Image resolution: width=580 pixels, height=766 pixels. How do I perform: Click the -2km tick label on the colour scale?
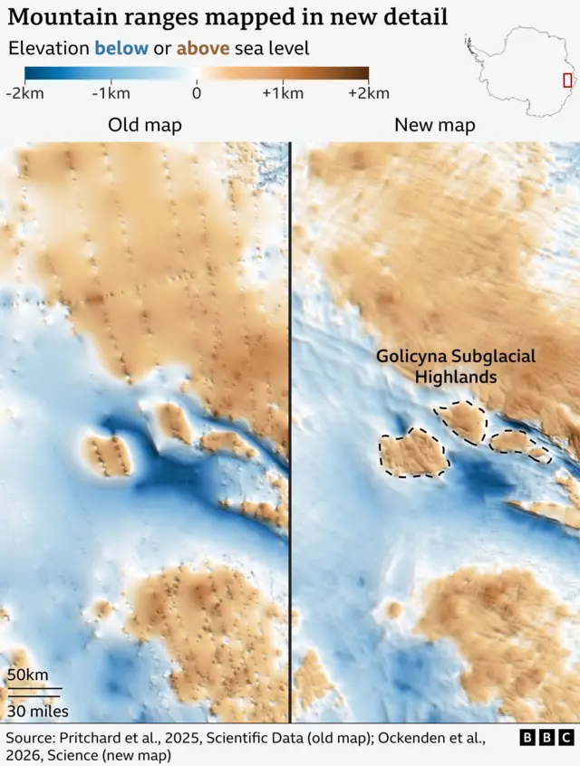25,93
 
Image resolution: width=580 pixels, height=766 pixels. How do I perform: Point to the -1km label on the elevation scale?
111,93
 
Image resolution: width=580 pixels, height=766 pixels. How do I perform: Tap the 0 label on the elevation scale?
197,93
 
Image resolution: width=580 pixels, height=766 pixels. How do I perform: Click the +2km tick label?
367,93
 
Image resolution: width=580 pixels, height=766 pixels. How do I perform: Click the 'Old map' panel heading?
145,125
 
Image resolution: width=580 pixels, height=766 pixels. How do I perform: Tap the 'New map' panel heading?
435,125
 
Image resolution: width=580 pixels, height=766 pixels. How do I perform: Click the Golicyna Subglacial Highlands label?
455,367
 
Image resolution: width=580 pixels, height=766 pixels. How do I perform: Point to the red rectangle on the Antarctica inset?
567,80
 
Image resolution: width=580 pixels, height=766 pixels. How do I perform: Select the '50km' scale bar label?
29,675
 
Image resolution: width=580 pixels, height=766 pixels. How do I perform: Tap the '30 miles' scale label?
38,712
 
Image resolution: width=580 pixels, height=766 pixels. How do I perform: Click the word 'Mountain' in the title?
56,17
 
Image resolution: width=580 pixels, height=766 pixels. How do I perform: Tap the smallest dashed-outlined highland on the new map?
539,454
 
